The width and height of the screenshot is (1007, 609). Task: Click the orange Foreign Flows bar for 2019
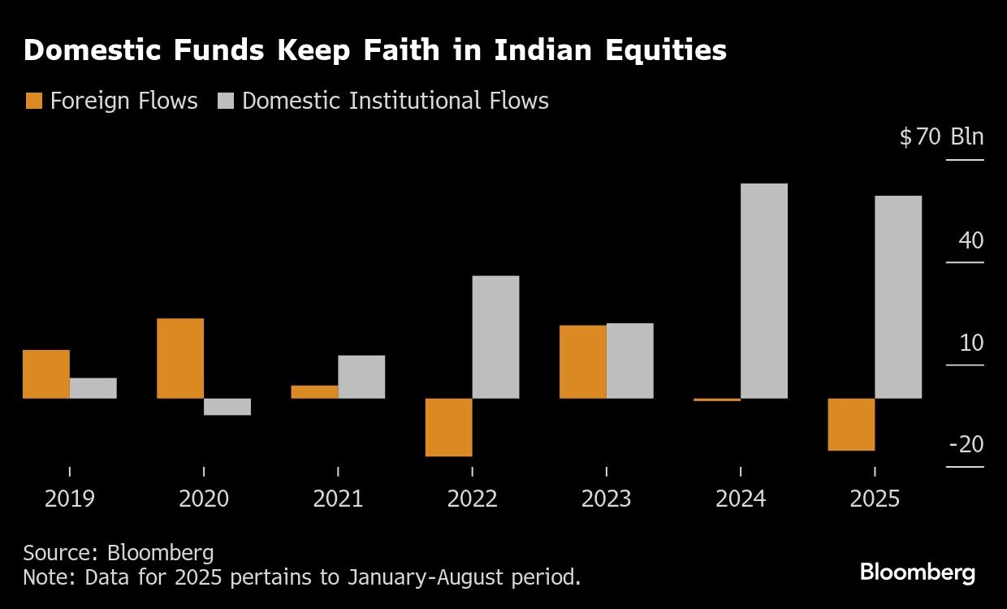(46, 374)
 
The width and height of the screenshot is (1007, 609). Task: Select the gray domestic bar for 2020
(227, 407)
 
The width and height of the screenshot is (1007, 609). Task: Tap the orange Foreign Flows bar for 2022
(448, 427)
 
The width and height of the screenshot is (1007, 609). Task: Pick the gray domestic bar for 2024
(764, 291)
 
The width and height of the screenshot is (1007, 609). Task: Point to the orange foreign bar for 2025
(851, 424)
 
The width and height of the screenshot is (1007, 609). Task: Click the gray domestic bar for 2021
(361, 377)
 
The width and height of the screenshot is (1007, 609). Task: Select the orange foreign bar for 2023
(583, 361)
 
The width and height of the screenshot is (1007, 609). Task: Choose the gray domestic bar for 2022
(495, 337)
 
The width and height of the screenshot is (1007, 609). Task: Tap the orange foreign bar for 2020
(180, 358)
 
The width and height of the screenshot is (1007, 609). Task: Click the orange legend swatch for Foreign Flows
(34, 101)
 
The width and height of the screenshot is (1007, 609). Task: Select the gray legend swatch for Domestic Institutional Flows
(227, 101)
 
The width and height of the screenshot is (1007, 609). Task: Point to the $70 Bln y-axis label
(941, 136)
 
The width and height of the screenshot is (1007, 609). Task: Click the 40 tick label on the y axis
(970, 240)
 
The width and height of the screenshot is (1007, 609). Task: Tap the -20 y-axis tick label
(966, 444)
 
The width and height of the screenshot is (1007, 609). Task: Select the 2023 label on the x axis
(607, 498)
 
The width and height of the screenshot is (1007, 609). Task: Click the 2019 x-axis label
(70, 498)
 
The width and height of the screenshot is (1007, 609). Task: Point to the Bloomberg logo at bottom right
(918, 572)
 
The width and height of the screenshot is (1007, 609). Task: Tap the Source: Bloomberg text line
(119, 553)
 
